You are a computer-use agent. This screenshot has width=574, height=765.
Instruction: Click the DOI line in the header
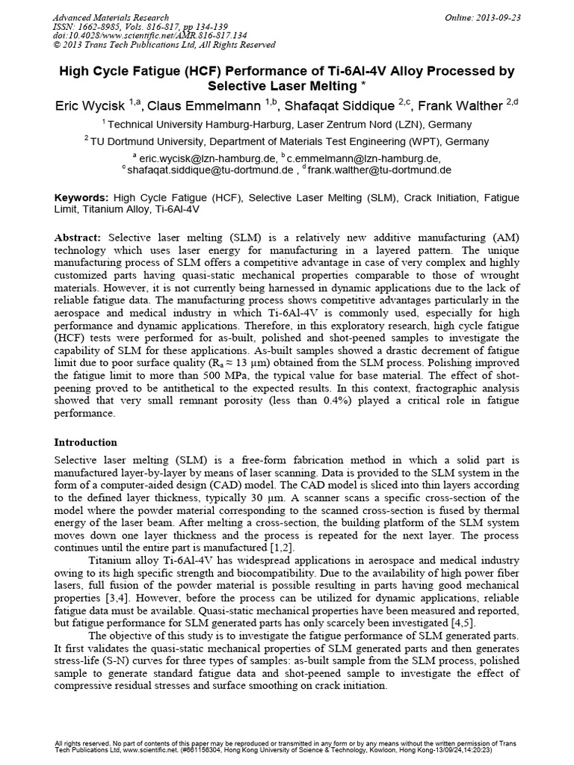(x=141, y=35)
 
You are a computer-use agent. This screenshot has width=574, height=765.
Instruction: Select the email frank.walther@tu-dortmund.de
(x=379, y=170)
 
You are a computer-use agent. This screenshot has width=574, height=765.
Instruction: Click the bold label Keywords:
(x=82, y=198)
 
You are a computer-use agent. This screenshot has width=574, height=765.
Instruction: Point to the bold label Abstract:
(x=81, y=237)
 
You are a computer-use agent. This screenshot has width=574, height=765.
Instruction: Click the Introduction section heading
(x=86, y=442)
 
